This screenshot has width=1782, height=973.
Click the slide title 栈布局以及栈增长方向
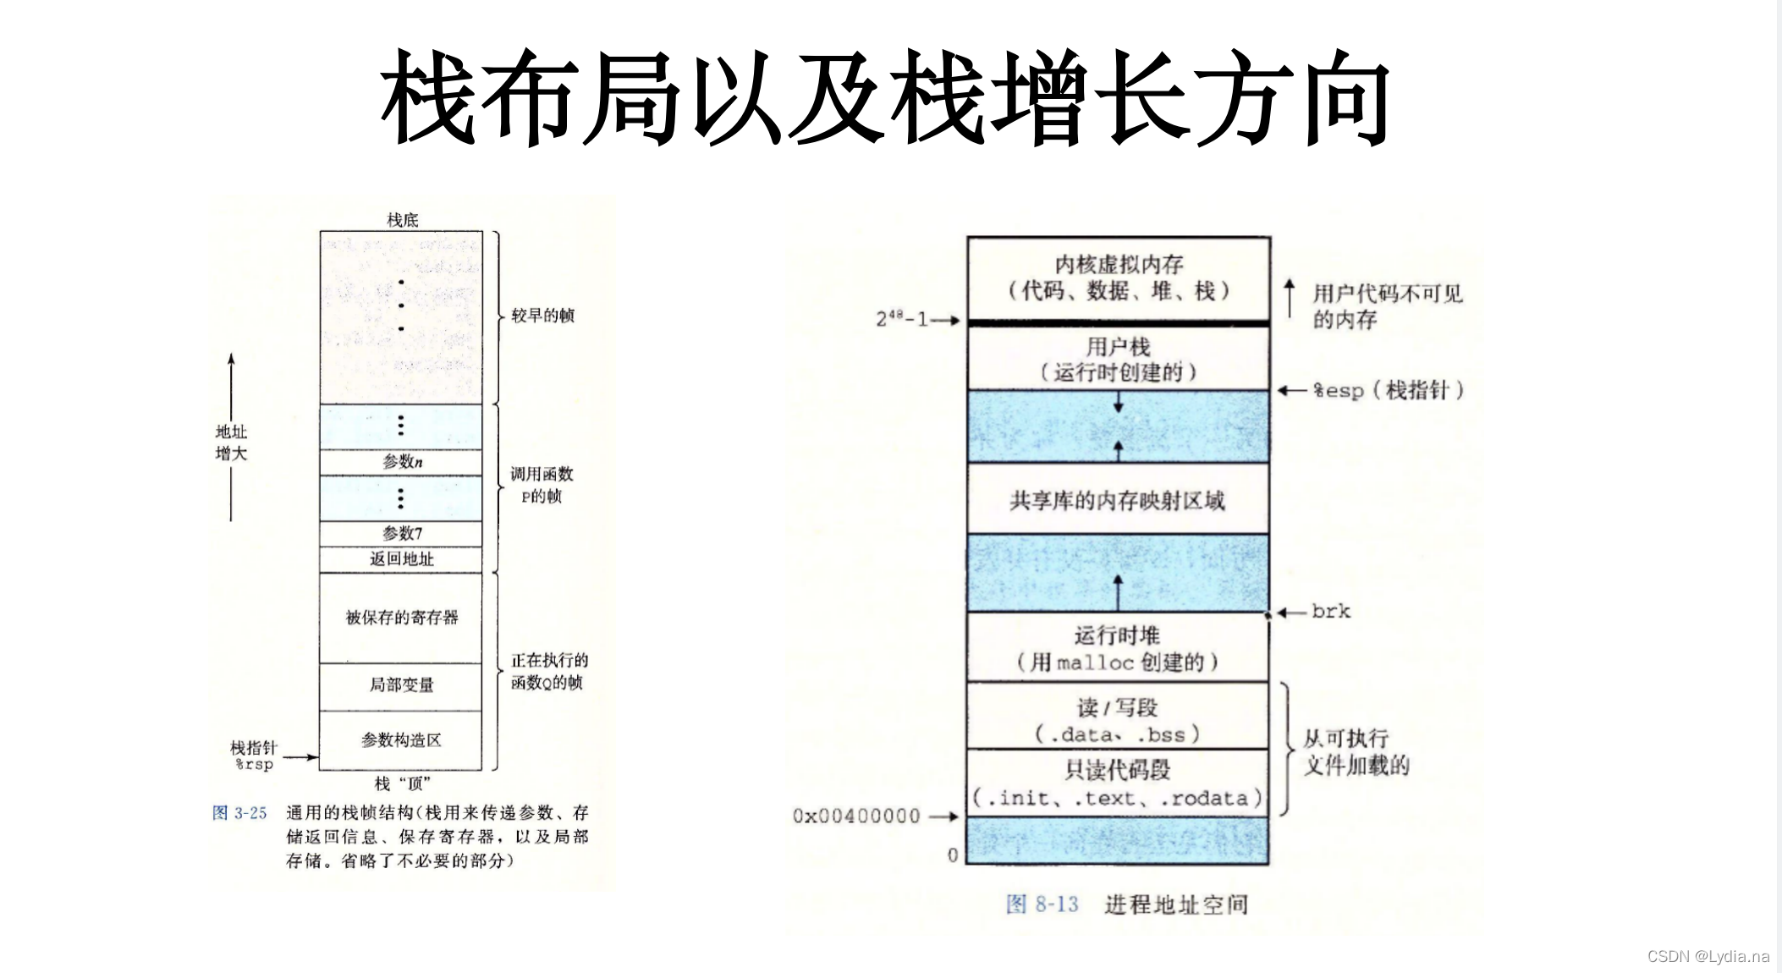[885, 96]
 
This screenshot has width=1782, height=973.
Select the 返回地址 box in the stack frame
[401, 559]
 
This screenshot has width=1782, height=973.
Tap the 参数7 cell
[401, 533]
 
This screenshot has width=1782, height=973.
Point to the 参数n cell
[401, 462]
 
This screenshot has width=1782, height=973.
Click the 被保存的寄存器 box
[401, 618]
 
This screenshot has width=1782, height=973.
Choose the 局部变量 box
[401, 685]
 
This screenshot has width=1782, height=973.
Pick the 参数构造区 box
[401, 740]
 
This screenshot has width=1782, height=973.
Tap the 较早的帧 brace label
[542, 316]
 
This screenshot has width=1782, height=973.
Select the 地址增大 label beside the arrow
[231, 443]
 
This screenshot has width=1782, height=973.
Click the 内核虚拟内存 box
[1118, 278]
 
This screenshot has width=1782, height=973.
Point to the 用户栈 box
[1118, 359]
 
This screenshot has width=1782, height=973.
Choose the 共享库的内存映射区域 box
[1118, 500]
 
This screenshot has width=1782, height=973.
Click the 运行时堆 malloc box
[1118, 648]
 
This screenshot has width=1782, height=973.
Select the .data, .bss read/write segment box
[1118, 719]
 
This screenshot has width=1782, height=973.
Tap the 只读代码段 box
[1118, 783]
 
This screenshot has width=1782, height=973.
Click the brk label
[1331, 612]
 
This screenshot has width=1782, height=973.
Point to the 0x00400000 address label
[856, 816]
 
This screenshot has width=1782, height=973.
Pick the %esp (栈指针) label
[1388, 390]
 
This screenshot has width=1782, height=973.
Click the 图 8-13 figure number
[1042, 904]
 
